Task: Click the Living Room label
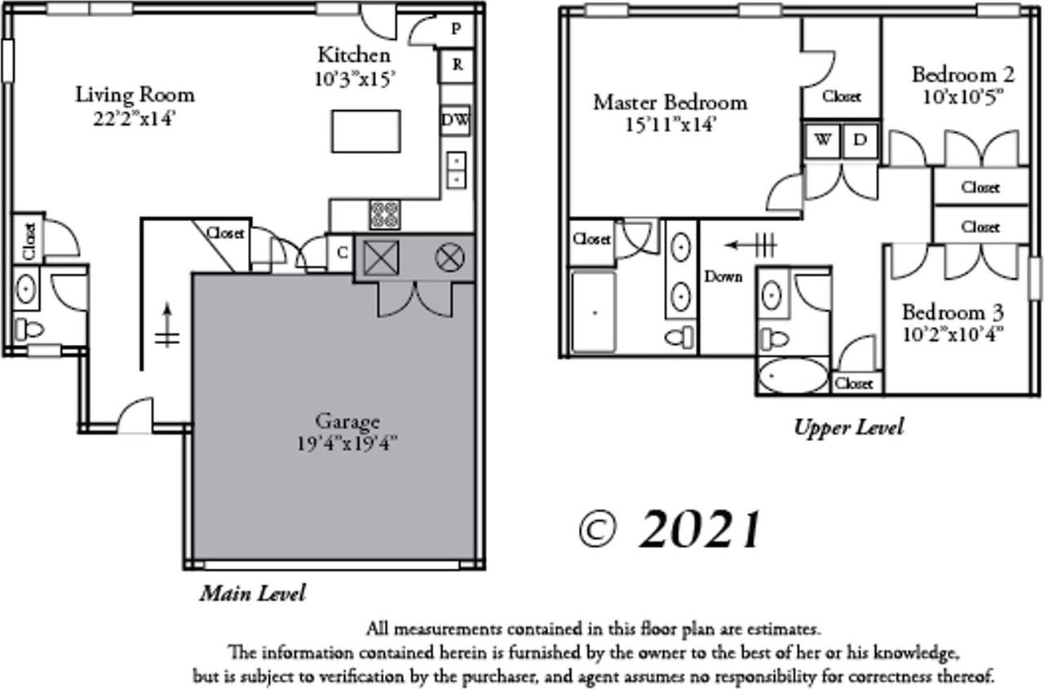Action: [x=135, y=94]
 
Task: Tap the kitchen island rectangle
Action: [x=365, y=130]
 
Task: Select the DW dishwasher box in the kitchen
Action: [x=455, y=121]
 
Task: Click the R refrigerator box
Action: [x=457, y=66]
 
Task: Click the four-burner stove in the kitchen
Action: [x=384, y=214]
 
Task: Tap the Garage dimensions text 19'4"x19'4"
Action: [x=347, y=444]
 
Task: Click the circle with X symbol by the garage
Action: [x=449, y=258]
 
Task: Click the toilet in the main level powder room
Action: [x=29, y=329]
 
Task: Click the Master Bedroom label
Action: [x=669, y=102]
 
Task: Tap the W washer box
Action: [x=823, y=139]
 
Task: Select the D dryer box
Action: [x=859, y=139]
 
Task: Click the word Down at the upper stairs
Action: [x=723, y=276]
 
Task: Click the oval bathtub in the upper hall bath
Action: [x=791, y=376]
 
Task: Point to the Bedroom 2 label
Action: [x=962, y=75]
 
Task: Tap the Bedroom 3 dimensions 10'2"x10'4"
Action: [x=952, y=333]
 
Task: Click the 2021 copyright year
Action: [x=700, y=530]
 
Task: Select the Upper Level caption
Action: [x=848, y=427]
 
